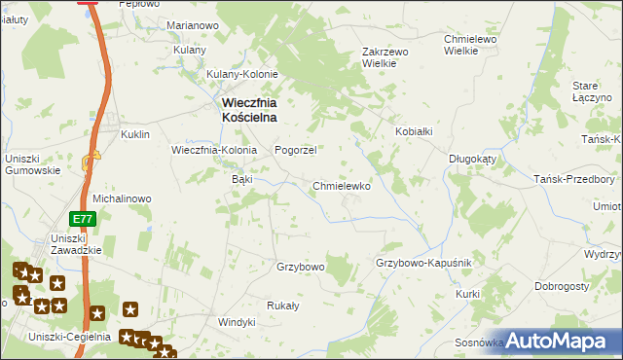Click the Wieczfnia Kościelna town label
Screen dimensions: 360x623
[246, 108]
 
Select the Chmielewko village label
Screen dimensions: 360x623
[342, 186]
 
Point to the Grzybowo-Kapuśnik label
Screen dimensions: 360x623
[423, 264]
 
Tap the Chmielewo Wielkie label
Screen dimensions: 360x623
[471, 45]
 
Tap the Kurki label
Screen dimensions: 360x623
[468, 293]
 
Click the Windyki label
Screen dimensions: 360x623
[236, 322]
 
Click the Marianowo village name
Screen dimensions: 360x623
[192, 25]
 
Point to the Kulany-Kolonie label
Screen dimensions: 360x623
[242, 74]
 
